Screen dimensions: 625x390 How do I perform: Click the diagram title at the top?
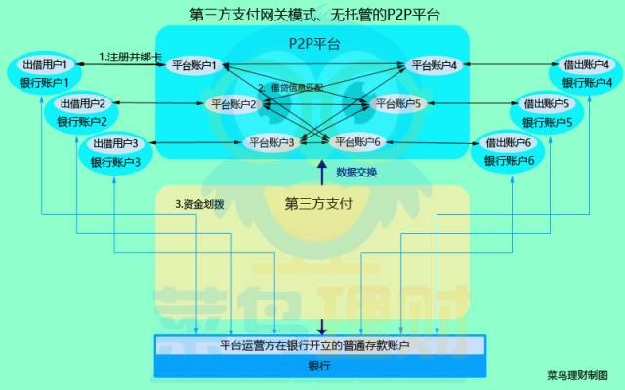click(x=313, y=16)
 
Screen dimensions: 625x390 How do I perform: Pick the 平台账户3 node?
click(x=272, y=142)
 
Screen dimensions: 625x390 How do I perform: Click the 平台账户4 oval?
click(x=435, y=65)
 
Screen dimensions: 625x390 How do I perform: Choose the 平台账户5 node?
click(x=397, y=103)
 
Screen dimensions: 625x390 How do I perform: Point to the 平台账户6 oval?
click(x=357, y=142)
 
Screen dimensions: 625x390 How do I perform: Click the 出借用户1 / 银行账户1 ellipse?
click(x=44, y=73)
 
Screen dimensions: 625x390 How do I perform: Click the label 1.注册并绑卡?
click(x=130, y=58)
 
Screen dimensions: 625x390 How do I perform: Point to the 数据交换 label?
click(x=356, y=173)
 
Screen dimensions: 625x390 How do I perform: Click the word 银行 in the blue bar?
click(x=319, y=367)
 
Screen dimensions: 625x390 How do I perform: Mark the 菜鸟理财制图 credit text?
click(x=577, y=374)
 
